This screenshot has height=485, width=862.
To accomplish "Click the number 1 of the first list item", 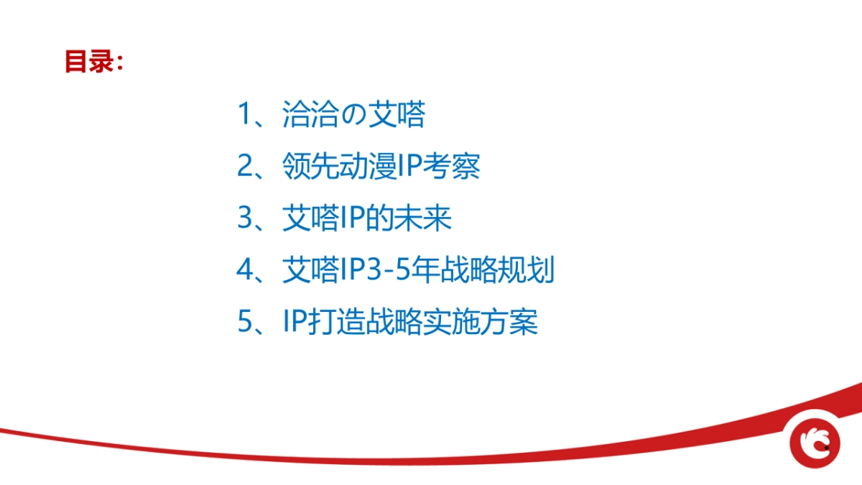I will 245,115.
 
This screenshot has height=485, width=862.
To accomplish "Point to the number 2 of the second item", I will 245,167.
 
